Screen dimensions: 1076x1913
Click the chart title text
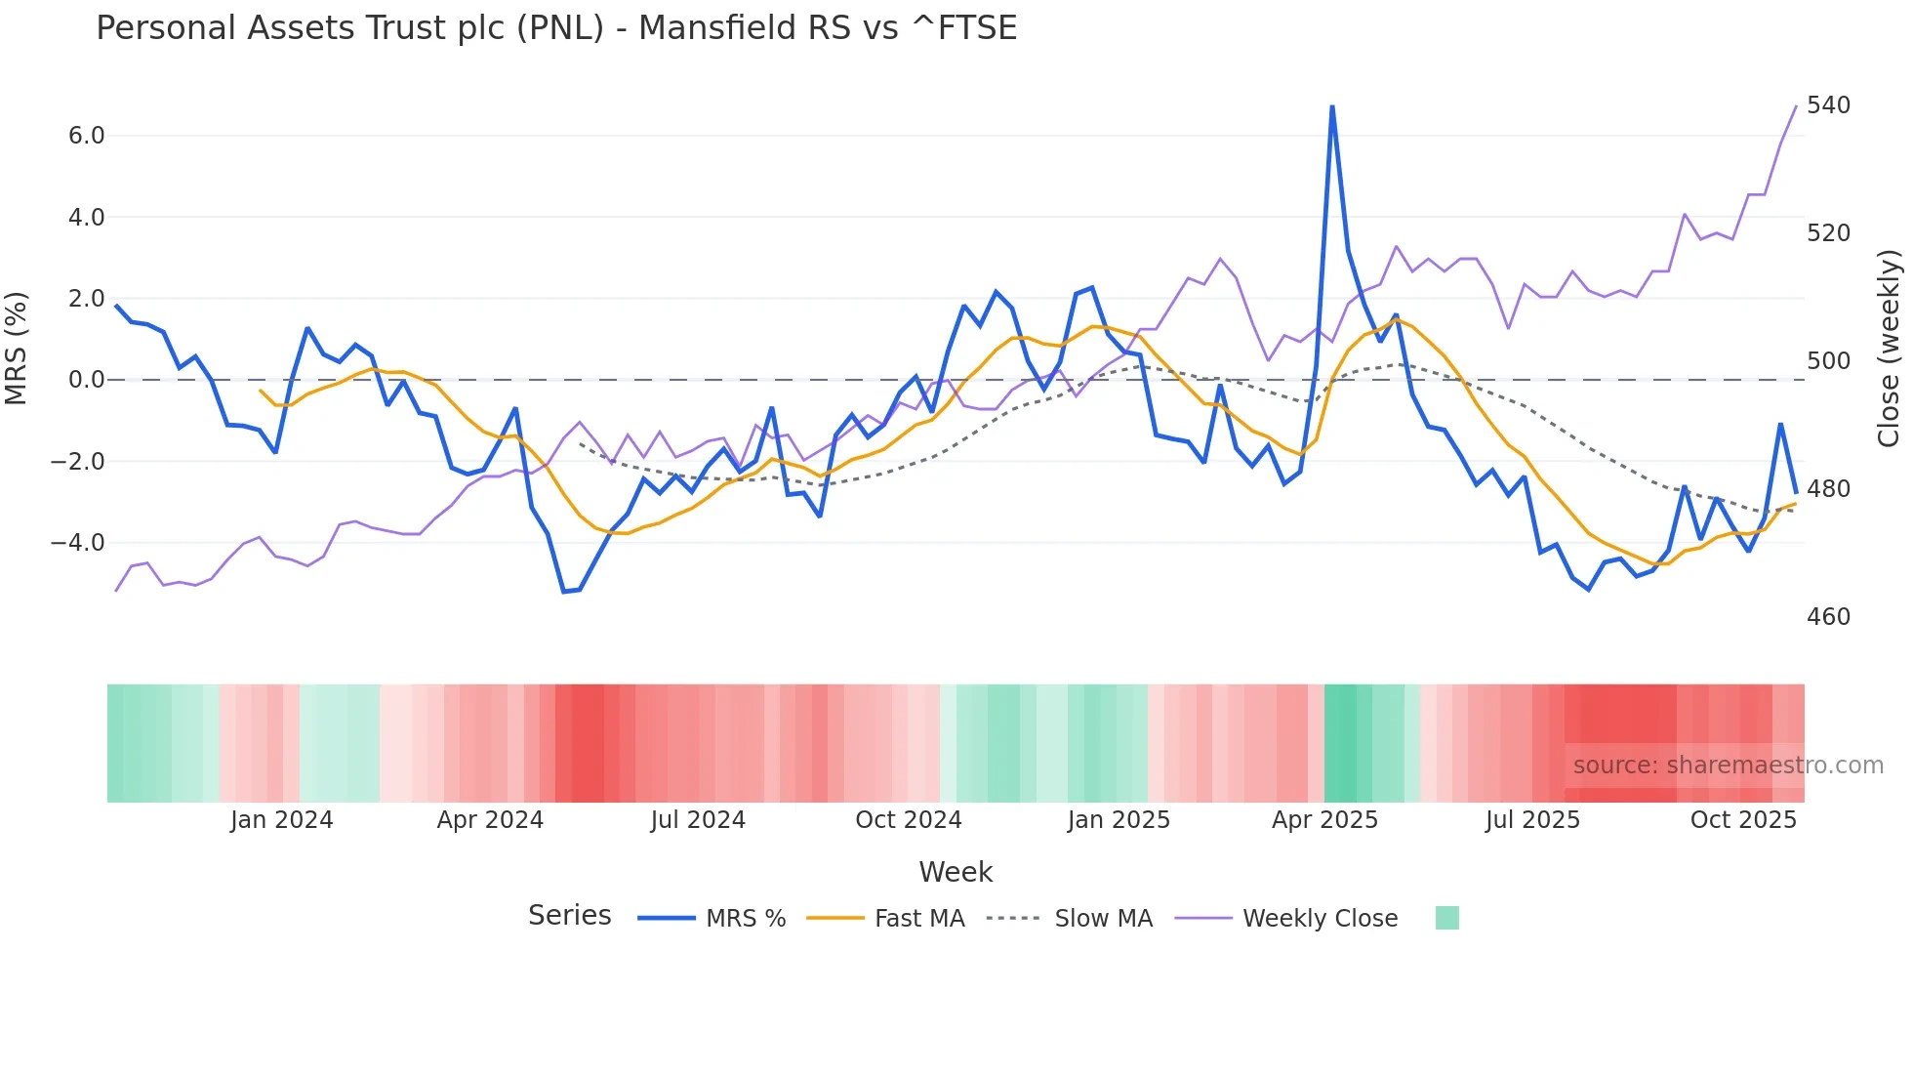[x=556, y=28]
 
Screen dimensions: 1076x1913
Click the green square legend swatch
[x=1447, y=918]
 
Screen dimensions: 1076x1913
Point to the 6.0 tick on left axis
[x=86, y=136]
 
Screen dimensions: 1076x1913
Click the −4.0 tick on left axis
[x=78, y=543]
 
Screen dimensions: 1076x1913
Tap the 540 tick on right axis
[x=1828, y=105]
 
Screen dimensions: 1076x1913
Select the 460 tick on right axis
[x=1828, y=617]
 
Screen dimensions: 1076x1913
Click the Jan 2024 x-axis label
[x=281, y=820]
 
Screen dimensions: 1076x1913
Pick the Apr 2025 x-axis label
[x=1324, y=820]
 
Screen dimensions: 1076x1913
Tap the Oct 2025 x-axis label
[x=1743, y=820]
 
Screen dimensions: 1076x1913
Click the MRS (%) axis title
[x=16, y=349]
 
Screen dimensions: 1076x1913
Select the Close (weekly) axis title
[x=1890, y=349]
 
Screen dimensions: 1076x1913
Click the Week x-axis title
[x=956, y=872]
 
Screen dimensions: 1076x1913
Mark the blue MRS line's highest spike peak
[x=1332, y=106]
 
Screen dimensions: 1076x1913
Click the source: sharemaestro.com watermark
[x=1728, y=766]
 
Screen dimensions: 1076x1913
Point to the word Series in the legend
[x=569, y=916]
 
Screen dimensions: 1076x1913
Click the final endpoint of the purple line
[x=1796, y=106]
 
